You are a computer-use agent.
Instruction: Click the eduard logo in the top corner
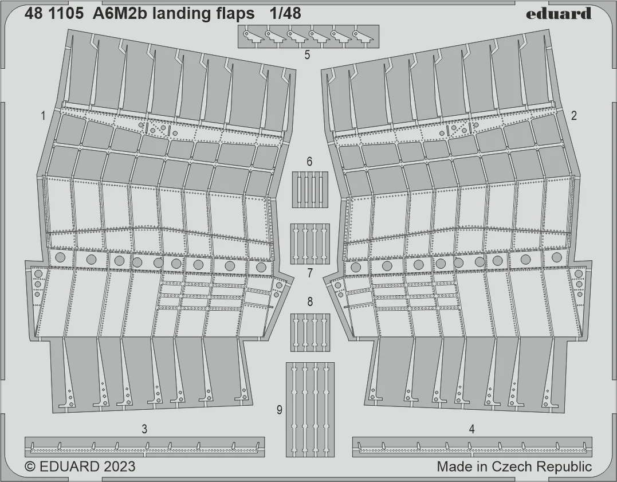click(x=558, y=13)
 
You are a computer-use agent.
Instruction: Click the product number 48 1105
click(x=53, y=13)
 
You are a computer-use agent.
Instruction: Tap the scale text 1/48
click(x=285, y=13)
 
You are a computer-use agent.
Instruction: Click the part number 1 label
click(x=43, y=116)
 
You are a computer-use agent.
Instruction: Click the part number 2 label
click(x=573, y=116)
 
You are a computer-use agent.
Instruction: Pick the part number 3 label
click(x=144, y=429)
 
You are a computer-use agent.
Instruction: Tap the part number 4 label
click(x=472, y=429)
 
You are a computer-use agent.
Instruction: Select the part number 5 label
click(x=307, y=55)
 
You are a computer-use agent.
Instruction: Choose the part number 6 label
click(x=310, y=162)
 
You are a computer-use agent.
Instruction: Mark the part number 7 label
click(x=310, y=273)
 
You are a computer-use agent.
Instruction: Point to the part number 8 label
click(x=310, y=302)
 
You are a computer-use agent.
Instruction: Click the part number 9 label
click(x=280, y=410)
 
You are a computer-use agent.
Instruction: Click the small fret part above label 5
click(x=308, y=36)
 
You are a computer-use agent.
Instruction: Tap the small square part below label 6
click(x=310, y=189)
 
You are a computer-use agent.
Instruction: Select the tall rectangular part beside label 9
click(x=310, y=410)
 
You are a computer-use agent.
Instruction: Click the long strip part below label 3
click(x=144, y=447)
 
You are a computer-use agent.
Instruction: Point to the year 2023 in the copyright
click(x=119, y=467)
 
